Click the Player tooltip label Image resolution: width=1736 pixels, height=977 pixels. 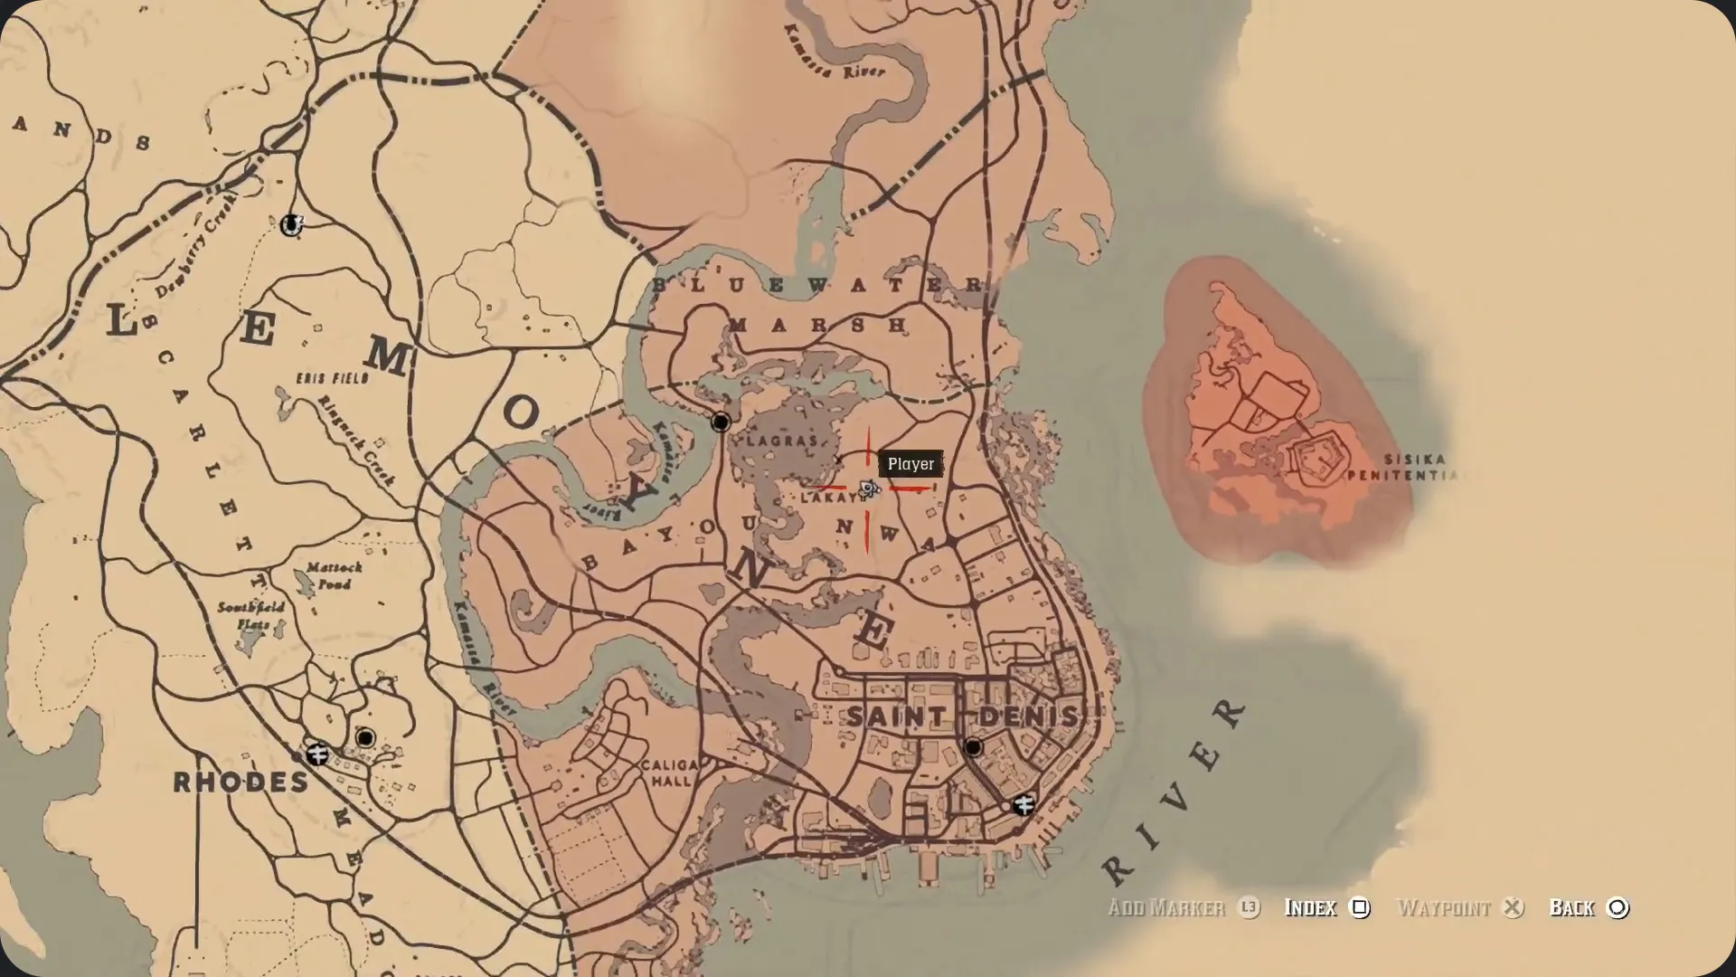910,464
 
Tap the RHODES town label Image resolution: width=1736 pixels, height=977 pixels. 241,783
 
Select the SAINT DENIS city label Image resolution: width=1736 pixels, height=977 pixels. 963,716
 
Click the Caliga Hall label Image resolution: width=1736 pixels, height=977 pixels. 669,773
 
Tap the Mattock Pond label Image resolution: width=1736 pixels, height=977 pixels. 334,575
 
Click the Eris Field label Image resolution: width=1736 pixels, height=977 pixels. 333,378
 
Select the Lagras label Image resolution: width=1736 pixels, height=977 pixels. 783,441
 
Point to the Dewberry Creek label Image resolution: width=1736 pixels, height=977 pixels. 195,247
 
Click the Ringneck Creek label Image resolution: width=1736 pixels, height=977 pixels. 356,441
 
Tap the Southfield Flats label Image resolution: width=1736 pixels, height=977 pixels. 250,615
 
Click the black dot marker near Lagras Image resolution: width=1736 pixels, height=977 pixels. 721,422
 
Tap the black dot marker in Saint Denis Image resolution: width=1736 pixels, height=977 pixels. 973,747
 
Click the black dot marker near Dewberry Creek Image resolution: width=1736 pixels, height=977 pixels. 291,223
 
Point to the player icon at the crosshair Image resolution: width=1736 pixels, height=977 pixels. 869,489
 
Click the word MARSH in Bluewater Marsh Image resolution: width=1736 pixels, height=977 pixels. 817,325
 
